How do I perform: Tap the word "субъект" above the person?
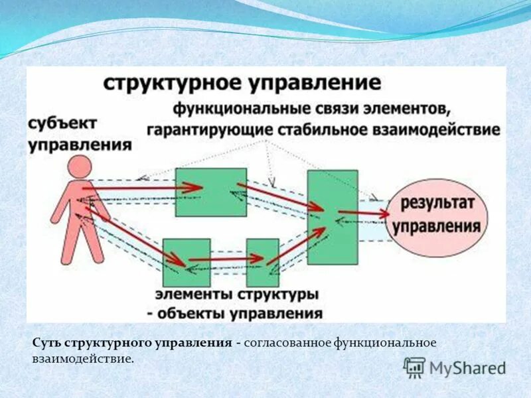[x=62, y=123]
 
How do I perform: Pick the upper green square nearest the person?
[x=210, y=192]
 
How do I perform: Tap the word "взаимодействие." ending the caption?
[x=83, y=359]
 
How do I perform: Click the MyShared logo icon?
[x=414, y=367]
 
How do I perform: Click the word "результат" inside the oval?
[x=438, y=204]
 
